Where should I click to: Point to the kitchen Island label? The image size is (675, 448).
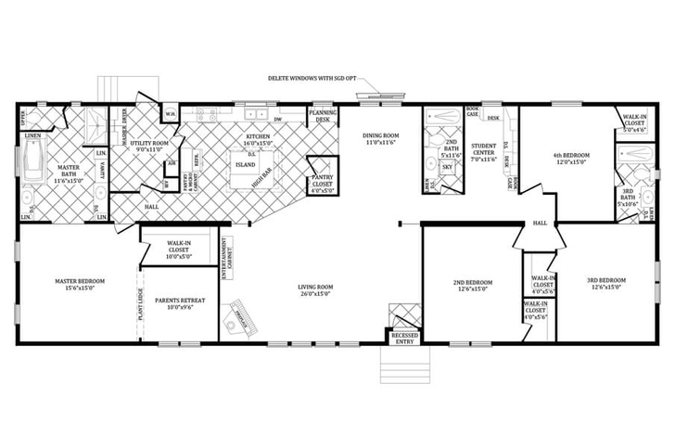[247, 165]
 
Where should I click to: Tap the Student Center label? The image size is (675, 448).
[484, 149]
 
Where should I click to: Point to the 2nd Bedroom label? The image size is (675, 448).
[474, 285]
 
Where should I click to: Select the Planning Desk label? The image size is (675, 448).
[323, 116]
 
